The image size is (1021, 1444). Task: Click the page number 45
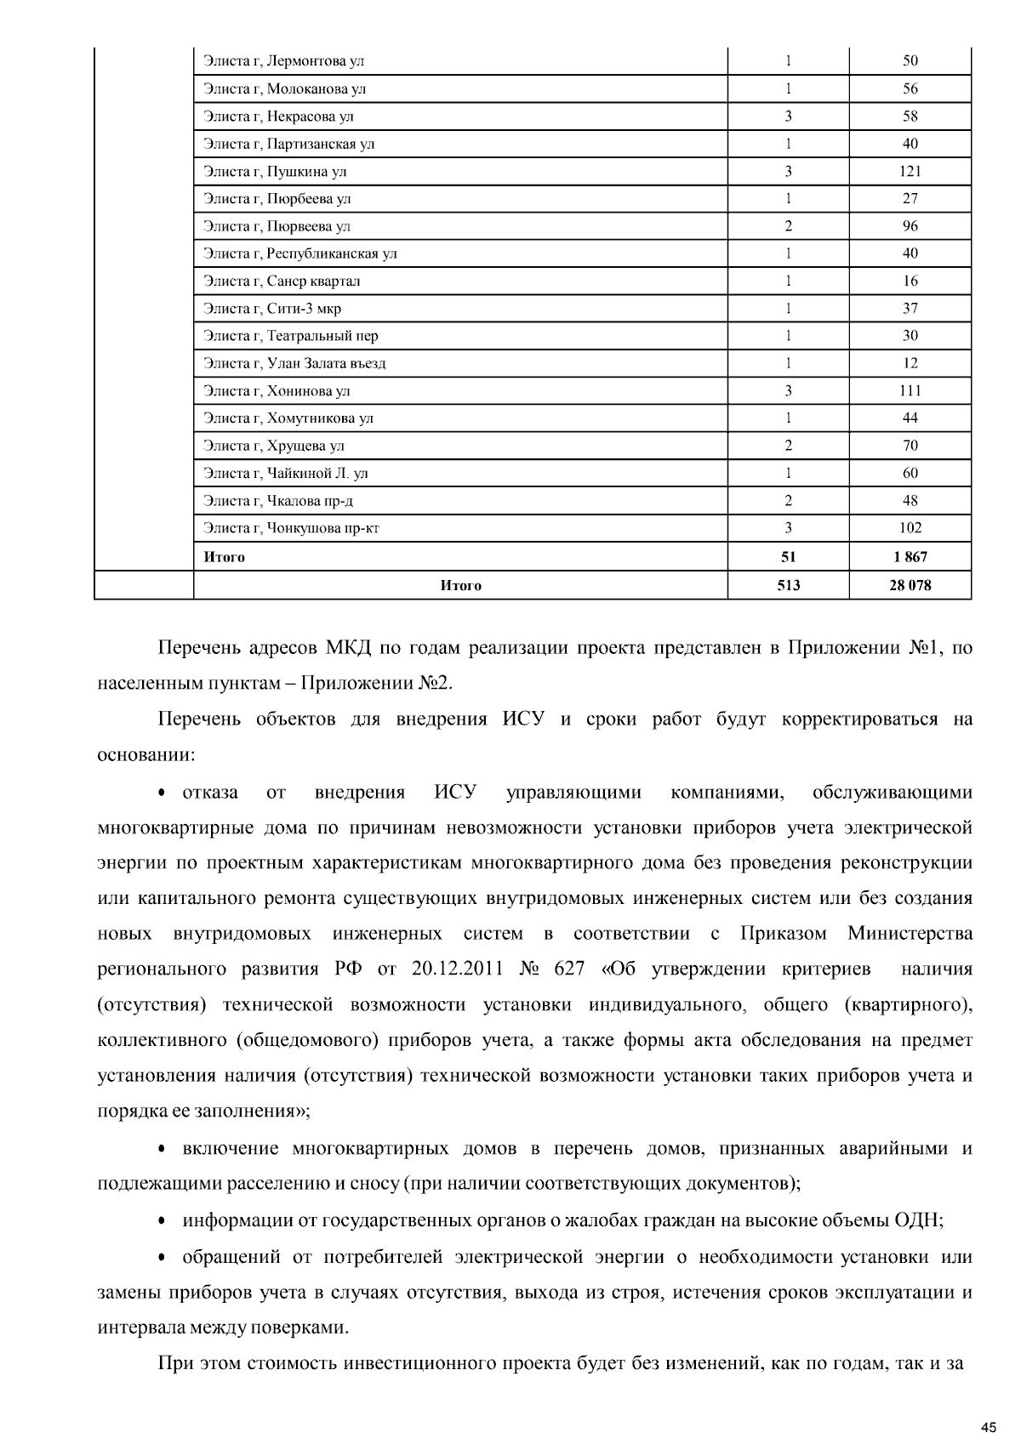pos(988,1426)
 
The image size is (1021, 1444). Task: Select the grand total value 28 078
pos(910,585)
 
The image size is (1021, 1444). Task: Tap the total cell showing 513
pos(788,585)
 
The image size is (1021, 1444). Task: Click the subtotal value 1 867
pos(910,557)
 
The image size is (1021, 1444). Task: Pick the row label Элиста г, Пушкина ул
pos(275,172)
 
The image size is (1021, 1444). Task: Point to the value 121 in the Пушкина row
pos(910,172)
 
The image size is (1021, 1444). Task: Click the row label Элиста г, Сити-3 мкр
pos(272,309)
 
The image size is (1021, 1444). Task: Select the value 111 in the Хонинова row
pos(910,391)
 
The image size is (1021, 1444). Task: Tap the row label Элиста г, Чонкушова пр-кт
pos(291,528)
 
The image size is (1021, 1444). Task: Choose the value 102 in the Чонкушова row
pos(910,528)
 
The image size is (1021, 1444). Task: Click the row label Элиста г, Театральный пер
pos(290,336)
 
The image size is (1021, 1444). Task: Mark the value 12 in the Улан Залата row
pos(910,364)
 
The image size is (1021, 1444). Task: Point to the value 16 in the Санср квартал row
pos(910,281)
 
